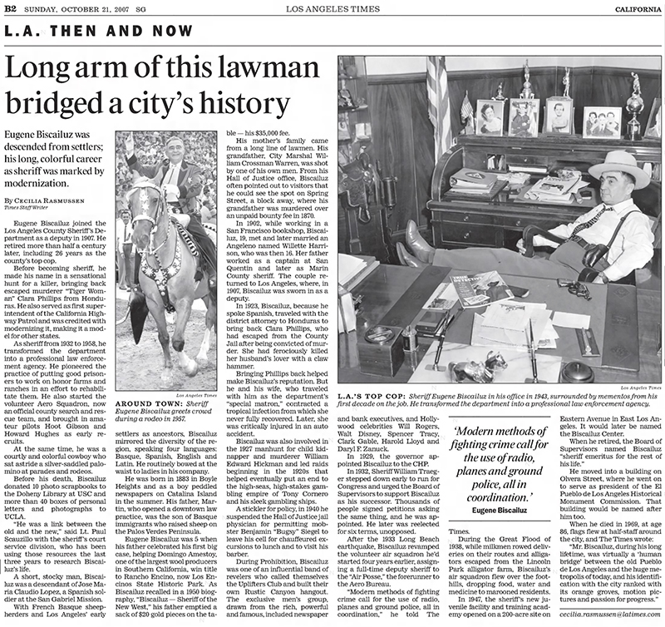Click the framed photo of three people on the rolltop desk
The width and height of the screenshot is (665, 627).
pyautogui.click(x=601, y=121)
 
